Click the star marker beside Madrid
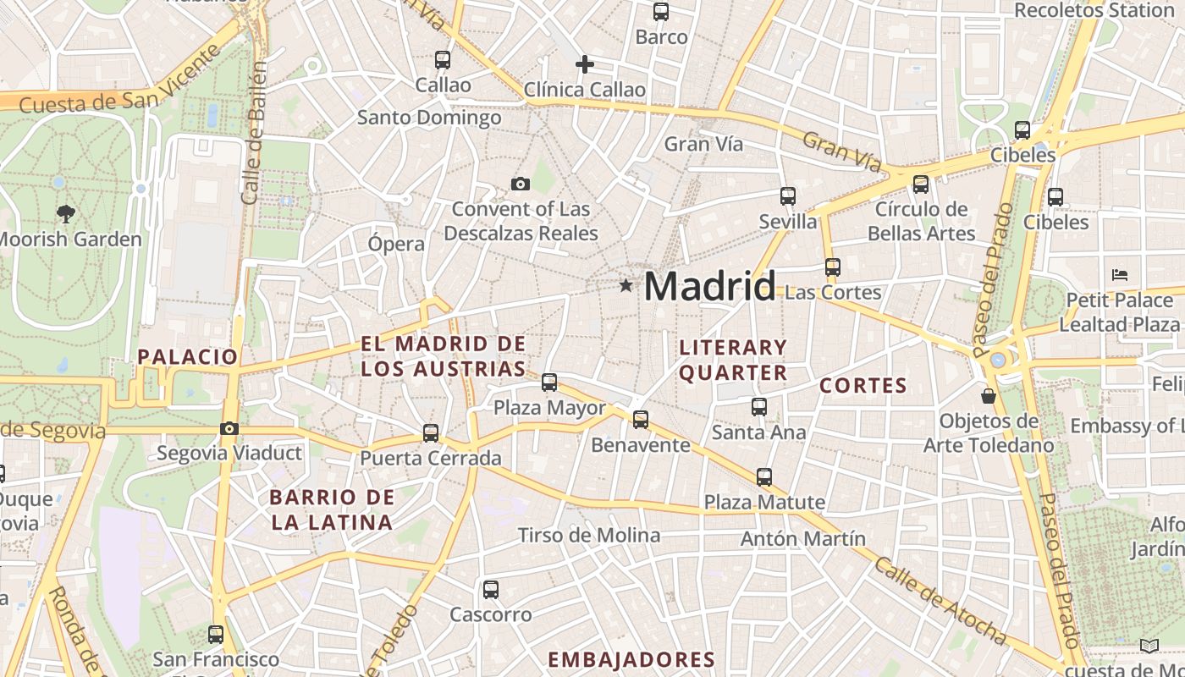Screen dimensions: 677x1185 (x=626, y=286)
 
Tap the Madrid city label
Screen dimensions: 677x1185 (x=709, y=287)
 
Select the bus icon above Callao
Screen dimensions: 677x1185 (x=443, y=60)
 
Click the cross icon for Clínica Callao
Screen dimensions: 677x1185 (x=584, y=64)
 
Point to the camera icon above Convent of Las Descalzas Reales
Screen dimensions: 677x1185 (x=521, y=184)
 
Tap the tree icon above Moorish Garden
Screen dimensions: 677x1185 (x=65, y=213)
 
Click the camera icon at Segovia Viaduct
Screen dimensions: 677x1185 (x=229, y=429)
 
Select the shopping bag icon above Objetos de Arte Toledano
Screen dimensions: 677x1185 (x=988, y=395)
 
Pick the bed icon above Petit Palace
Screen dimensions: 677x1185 (x=1120, y=275)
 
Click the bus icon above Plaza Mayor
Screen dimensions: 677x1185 (x=549, y=383)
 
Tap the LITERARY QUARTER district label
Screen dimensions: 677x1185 (x=733, y=360)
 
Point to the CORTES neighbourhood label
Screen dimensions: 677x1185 (x=863, y=386)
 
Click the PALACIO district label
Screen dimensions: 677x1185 (x=188, y=356)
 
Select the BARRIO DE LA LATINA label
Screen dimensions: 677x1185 (x=333, y=509)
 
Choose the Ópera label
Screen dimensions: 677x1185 (x=396, y=244)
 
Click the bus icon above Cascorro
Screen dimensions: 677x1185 (x=490, y=590)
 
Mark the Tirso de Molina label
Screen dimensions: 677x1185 (x=589, y=535)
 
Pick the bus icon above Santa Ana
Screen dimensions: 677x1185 (x=759, y=407)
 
